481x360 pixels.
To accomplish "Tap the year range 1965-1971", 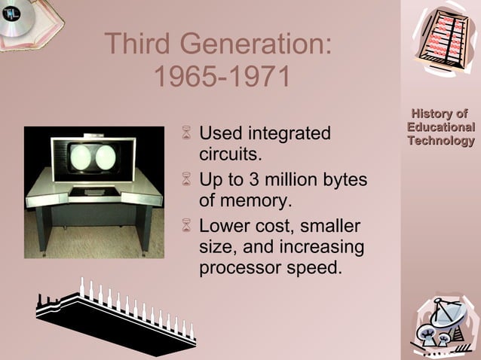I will [221, 77].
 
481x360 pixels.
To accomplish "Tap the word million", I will [298, 181].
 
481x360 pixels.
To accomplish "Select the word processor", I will [240, 267].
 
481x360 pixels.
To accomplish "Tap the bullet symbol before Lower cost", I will [187, 227].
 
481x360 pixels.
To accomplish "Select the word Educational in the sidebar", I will [441, 127].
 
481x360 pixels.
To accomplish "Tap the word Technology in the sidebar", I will [441, 140].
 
